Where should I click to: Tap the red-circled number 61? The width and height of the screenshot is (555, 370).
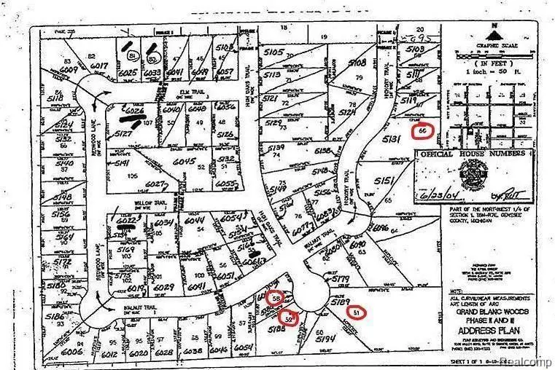pyautogui.click(x=355, y=312)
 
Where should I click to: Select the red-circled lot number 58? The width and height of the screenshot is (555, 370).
pyautogui.click(x=276, y=298)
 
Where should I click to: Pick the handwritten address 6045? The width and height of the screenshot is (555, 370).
pyautogui.click(x=185, y=162)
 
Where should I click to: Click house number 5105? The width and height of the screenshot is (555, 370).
pyautogui.click(x=273, y=52)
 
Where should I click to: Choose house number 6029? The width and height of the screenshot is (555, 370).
pyautogui.click(x=164, y=288)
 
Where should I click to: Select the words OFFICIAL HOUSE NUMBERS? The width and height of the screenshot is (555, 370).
pyautogui.click(x=474, y=154)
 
